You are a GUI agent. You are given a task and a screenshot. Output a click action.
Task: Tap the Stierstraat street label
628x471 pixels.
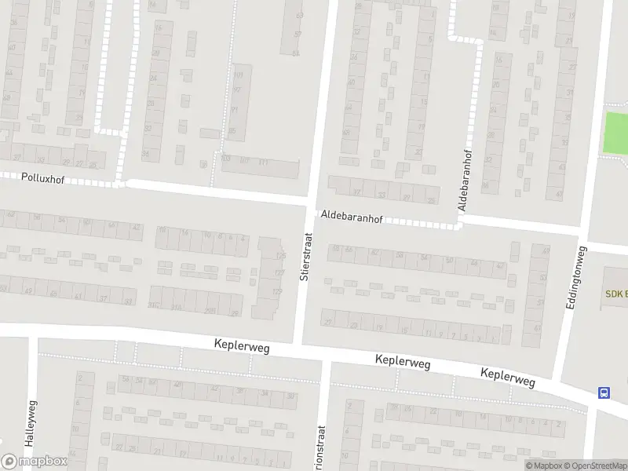click(x=305, y=256)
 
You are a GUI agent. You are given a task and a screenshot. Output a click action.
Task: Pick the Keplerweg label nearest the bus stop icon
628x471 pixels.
click(x=508, y=378)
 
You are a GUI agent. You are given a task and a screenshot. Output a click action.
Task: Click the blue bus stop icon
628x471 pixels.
click(x=604, y=392)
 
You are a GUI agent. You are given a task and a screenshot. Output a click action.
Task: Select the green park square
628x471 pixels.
click(x=615, y=133)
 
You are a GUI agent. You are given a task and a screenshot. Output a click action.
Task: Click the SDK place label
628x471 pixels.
click(x=615, y=294)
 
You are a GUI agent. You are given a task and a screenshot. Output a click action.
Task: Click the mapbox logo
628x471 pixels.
click(x=35, y=462)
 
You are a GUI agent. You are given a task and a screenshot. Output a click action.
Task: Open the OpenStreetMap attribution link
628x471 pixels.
click(x=596, y=466)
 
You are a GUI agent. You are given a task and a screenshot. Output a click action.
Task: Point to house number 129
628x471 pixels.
click(x=277, y=292)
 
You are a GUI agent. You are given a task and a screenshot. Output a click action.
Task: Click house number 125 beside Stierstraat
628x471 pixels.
click(x=280, y=256)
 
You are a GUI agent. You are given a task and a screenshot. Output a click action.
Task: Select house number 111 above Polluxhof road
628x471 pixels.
click(x=264, y=162)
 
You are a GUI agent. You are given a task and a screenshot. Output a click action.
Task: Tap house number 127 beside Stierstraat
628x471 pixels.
click(x=279, y=273)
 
